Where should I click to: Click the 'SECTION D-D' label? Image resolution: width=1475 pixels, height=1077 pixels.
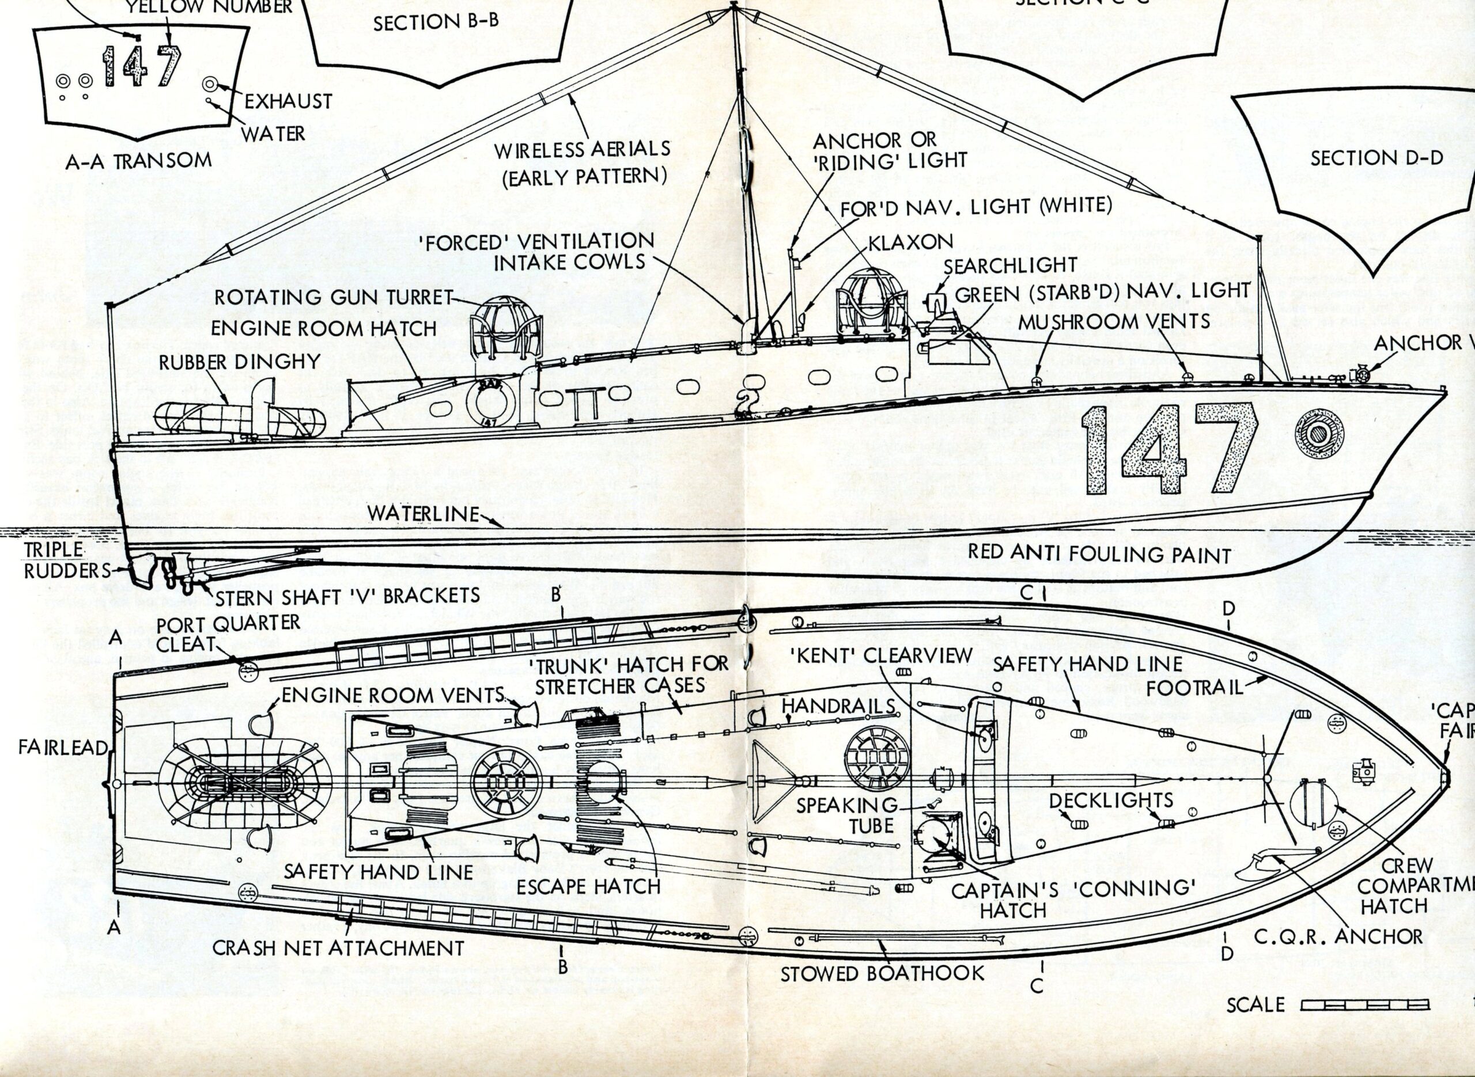(x=1376, y=158)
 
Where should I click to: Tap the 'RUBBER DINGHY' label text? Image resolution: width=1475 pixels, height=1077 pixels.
(x=240, y=362)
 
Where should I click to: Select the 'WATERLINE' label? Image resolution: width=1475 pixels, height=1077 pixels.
(x=423, y=513)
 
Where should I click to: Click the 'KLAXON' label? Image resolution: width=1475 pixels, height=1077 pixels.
(x=910, y=242)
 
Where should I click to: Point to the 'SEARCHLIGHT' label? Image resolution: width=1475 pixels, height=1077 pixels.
(x=1011, y=266)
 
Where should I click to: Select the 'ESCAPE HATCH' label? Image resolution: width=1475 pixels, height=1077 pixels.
(x=589, y=886)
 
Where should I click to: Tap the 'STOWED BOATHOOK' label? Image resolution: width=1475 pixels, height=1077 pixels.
(x=882, y=974)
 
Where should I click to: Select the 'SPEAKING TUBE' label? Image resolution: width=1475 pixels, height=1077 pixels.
(x=846, y=815)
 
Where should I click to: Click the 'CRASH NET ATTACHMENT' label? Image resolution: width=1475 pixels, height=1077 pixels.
(x=338, y=948)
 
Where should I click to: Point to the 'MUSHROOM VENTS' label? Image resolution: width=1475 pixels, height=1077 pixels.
(x=1114, y=321)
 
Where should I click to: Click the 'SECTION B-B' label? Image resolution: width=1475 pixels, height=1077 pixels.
(x=436, y=22)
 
